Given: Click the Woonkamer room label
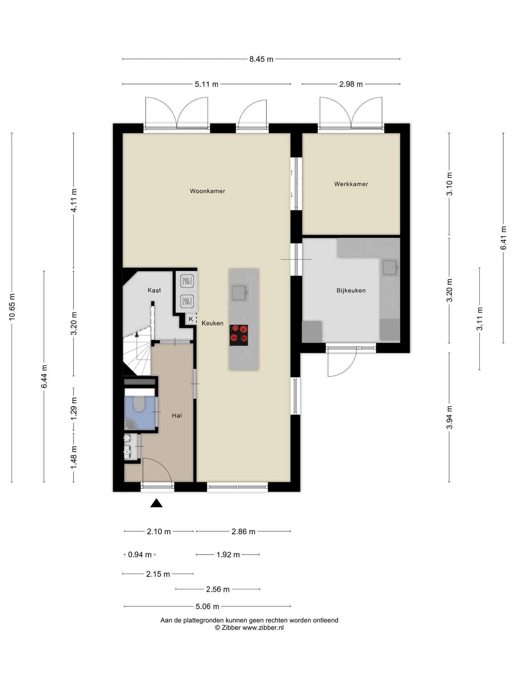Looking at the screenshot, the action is (207, 191).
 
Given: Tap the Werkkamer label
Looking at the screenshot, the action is (351, 184).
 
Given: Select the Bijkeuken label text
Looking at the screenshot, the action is (351, 290).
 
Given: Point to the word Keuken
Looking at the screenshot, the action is (212, 323).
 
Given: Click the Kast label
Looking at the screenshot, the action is (154, 290).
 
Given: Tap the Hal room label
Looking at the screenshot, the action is (177, 416).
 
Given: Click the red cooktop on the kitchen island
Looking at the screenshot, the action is (239, 335).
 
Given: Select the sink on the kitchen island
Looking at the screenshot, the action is (240, 293).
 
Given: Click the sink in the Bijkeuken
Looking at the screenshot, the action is (390, 267).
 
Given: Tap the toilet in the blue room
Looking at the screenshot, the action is (138, 404).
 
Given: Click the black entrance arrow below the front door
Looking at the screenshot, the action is (156, 503).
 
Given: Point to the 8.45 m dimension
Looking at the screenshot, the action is (261, 59).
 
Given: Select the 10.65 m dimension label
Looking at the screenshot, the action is (12, 307).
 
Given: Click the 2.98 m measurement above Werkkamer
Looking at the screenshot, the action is (351, 84).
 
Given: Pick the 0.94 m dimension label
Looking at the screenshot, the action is (140, 555).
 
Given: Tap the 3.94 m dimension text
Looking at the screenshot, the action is (450, 418).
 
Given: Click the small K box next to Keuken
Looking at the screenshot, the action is (191, 319).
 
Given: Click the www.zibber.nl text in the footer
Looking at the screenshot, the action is (263, 628).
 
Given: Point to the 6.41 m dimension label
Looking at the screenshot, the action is (504, 238).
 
